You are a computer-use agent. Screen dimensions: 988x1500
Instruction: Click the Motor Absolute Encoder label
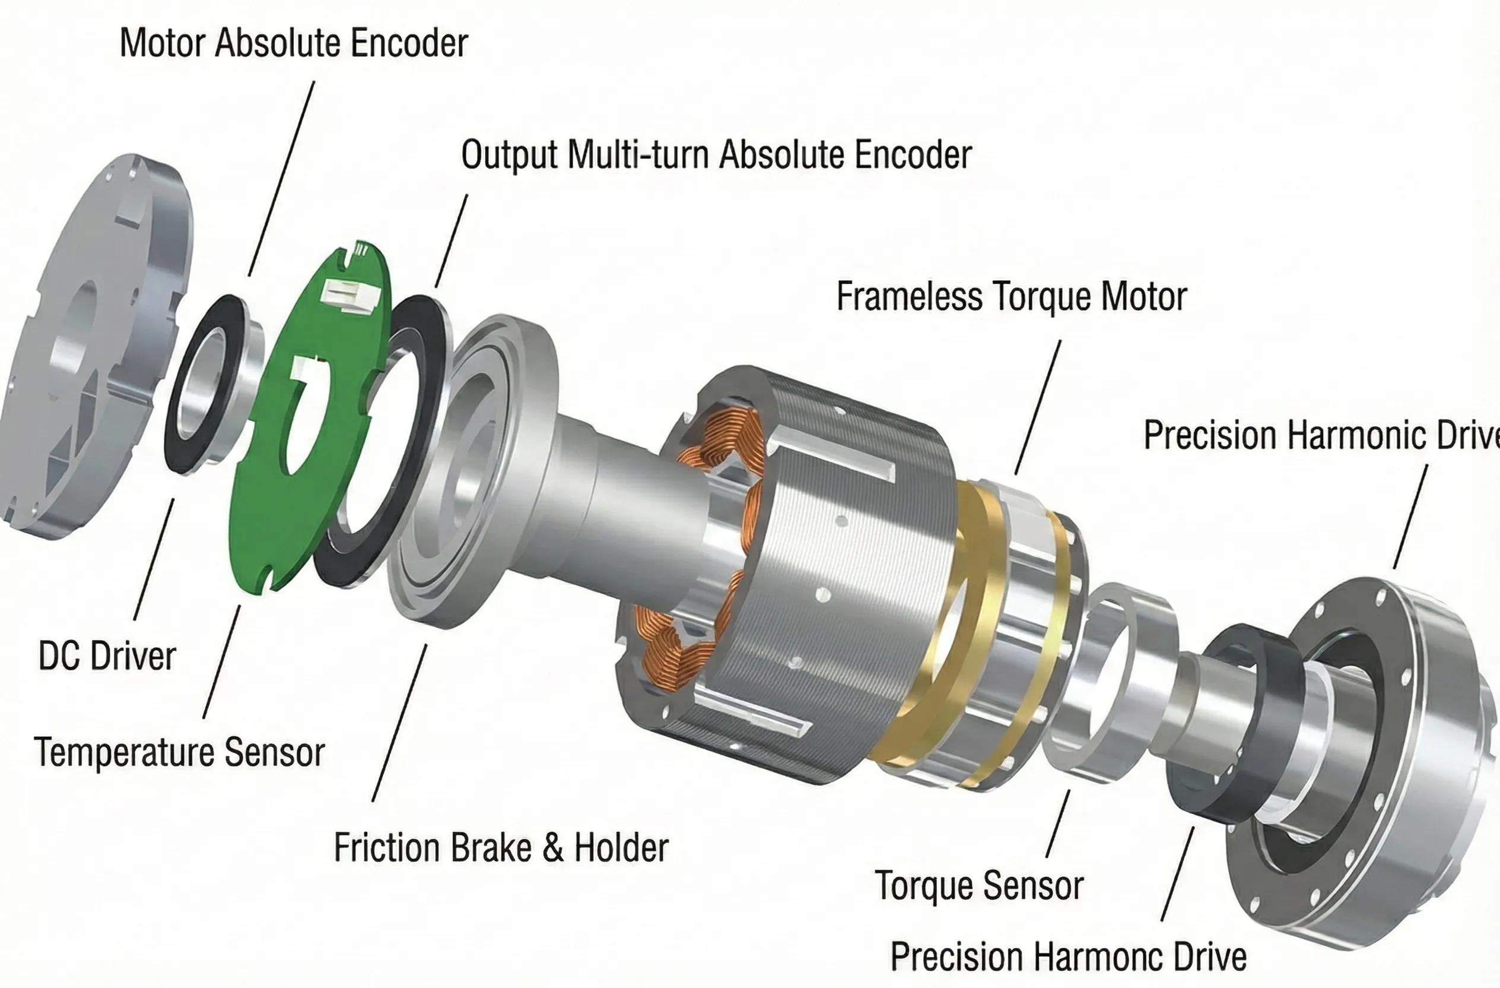pyautogui.click(x=293, y=43)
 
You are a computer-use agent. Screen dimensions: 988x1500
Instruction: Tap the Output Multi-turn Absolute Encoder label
pyautogui.click(x=716, y=154)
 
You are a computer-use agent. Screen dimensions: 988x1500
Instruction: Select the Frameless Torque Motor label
pyautogui.click(x=1011, y=296)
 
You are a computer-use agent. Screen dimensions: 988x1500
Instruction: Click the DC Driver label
pyautogui.click(x=107, y=655)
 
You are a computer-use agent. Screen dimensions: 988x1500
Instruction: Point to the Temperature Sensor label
pyautogui.click(x=180, y=752)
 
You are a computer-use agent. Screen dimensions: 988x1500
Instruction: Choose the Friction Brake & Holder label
pyautogui.click(x=500, y=847)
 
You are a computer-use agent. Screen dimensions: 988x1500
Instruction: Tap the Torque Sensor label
pyautogui.click(x=979, y=885)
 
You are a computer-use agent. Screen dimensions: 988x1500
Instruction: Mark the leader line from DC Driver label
pyautogui.click(x=154, y=559)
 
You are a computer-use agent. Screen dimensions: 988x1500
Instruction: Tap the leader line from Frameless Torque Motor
pyautogui.click(x=1037, y=407)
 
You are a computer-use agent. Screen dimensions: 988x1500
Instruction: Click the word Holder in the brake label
pyautogui.click(x=621, y=847)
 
